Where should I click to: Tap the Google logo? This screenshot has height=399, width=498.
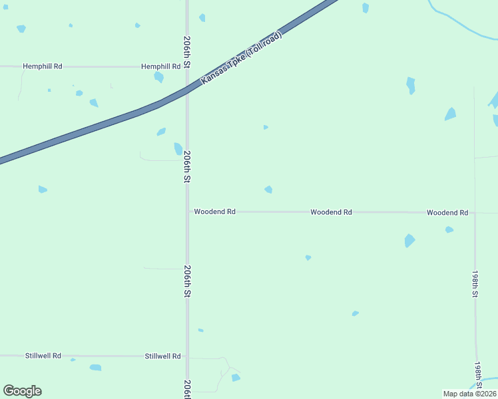tap(22, 391)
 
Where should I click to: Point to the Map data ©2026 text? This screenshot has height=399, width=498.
tap(469, 394)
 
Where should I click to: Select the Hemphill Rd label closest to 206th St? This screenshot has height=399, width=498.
tap(160, 66)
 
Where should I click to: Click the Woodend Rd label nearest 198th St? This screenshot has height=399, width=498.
tap(447, 213)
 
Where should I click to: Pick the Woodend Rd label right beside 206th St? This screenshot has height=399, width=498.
tap(214, 211)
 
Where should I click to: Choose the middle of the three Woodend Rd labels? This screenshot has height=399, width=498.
tap(331, 212)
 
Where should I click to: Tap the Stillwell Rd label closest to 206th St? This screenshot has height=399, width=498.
tap(162, 356)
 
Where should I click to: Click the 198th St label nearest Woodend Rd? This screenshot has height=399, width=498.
tap(475, 284)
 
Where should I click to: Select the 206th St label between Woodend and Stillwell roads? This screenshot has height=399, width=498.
tap(188, 281)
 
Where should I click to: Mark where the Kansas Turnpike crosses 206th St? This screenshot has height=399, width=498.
tap(187, 92)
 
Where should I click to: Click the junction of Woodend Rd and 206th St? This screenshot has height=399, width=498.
tap(187, 211)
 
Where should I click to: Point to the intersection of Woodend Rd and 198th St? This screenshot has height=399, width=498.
tap(475, 213)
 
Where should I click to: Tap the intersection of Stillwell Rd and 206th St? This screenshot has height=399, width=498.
tap(187, 356)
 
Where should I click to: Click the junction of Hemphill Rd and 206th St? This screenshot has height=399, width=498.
tap(187, 66)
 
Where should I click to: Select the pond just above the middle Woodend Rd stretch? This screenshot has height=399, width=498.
tap(268, 190)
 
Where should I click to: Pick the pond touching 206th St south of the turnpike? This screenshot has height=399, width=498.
tap(178, 149)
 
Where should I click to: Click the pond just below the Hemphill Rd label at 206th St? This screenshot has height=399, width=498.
tap(159, 77)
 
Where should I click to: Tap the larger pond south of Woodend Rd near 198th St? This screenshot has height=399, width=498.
tap(409, 241)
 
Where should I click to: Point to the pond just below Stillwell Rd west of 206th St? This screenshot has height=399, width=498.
tap(95, 367)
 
